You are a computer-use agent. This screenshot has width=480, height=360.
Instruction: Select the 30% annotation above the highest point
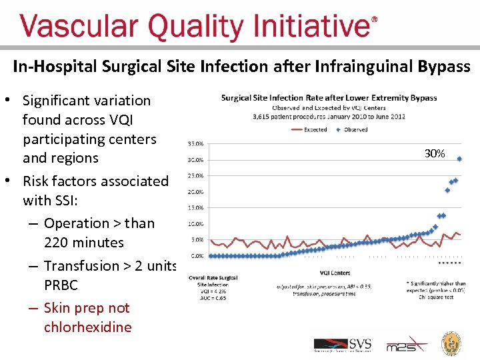(435, 154)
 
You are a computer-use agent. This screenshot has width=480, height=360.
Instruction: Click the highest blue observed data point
(460, 159)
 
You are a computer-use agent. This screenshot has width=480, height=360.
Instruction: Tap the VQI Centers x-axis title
(335, 273)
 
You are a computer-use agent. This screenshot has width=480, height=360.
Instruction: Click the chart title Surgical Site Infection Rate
(329, 98)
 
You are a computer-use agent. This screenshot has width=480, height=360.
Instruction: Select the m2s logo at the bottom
(399, 345)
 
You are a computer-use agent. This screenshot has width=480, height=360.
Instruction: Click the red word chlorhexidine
(87, 327)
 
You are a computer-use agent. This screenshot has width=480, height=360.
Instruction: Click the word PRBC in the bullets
(61, 285)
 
